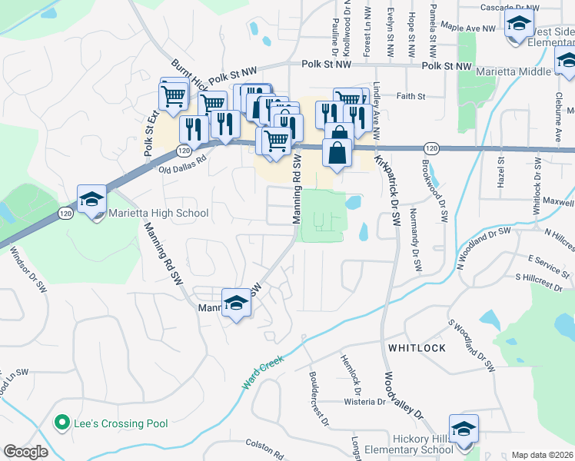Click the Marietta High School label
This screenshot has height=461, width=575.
(158, 213)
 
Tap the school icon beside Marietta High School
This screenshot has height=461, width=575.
(91, 200)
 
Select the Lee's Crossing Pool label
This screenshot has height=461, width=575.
(121, 423)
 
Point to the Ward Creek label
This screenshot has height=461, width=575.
(264, 372)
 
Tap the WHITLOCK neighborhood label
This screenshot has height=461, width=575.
(417, 348)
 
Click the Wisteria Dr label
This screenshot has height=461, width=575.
(363, 401)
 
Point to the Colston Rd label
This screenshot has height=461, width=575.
(265, 444)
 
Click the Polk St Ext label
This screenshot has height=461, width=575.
(150, 134)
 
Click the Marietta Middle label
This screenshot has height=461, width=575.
(513, 71)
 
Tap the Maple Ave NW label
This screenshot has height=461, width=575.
(470, 28)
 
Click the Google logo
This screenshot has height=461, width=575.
(26, 452)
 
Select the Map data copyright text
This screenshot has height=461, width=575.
(543, 455)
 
